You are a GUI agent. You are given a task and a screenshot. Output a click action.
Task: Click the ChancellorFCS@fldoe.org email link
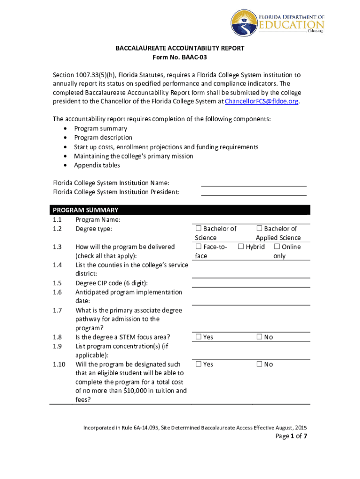coord(261,102)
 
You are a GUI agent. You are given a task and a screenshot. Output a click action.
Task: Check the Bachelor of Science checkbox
coord(198,229)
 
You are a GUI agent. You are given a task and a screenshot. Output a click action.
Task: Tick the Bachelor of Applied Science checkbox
coord(259,229)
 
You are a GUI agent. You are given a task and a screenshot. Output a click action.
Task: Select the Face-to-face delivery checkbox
coord(198,247)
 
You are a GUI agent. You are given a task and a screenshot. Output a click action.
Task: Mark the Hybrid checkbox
coord(241,247)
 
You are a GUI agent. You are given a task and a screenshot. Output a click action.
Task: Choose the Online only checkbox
coord(277,247)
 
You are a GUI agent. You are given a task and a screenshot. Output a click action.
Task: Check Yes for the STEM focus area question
coord(198,337)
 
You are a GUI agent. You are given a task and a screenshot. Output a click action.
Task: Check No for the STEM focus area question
coord(259,337)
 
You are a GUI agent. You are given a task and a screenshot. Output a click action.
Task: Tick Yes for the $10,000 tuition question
coord(198,364)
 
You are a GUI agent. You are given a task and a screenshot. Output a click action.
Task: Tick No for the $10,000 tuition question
coord(259,364)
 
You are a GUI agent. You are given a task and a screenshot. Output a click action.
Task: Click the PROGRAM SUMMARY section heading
coord(86,210)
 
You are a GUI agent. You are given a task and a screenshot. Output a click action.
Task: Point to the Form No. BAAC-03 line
coord(180,58)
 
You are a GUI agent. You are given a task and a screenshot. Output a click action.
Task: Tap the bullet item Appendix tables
coord(97,165)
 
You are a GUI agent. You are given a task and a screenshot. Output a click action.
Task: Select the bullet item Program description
coord(103,138)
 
